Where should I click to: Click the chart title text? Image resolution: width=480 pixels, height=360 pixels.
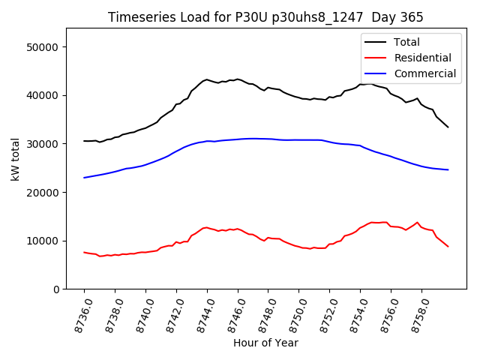pyautogui.click(x=265, y=17)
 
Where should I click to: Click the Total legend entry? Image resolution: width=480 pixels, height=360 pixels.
pyautogui.click(x=406, y=42)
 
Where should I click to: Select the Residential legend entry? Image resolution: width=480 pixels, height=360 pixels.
pyautogui.click(x=422, y=58)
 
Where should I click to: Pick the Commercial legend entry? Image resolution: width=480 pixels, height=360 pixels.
pyautogui.click(x=425, y=73)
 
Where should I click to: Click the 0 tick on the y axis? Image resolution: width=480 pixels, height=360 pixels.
pyautogui.click(x=55, y=289)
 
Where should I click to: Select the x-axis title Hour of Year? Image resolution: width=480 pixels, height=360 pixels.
pyautogui.click(x=265, y=343)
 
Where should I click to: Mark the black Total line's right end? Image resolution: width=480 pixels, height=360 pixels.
pyautogui.click(x=448, y=127)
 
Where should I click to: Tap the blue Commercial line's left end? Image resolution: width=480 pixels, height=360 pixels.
pyautogui.click(x=84, y=178)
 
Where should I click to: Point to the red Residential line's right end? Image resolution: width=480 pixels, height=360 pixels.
pyautogui.click(x=448, y=246)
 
